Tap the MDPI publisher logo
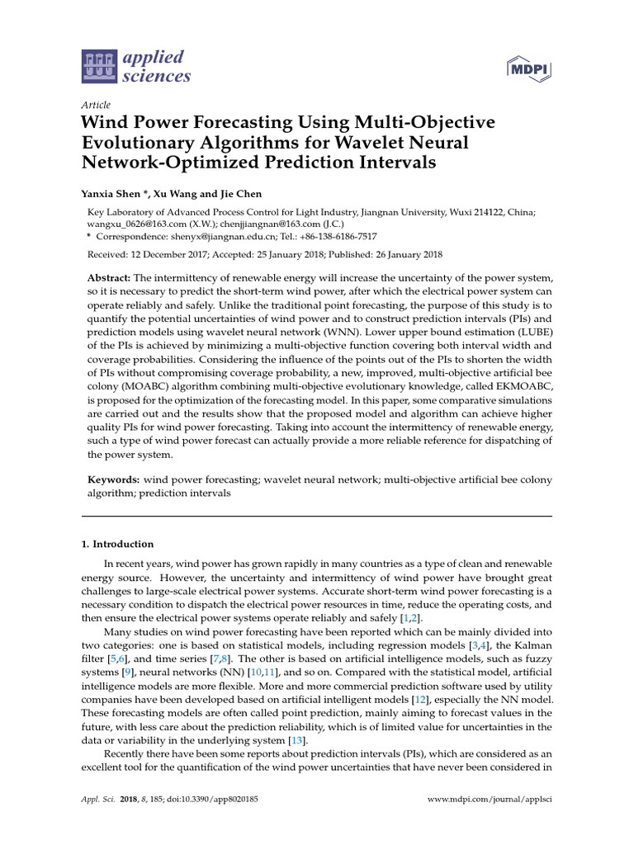click(x=528, y=68)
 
